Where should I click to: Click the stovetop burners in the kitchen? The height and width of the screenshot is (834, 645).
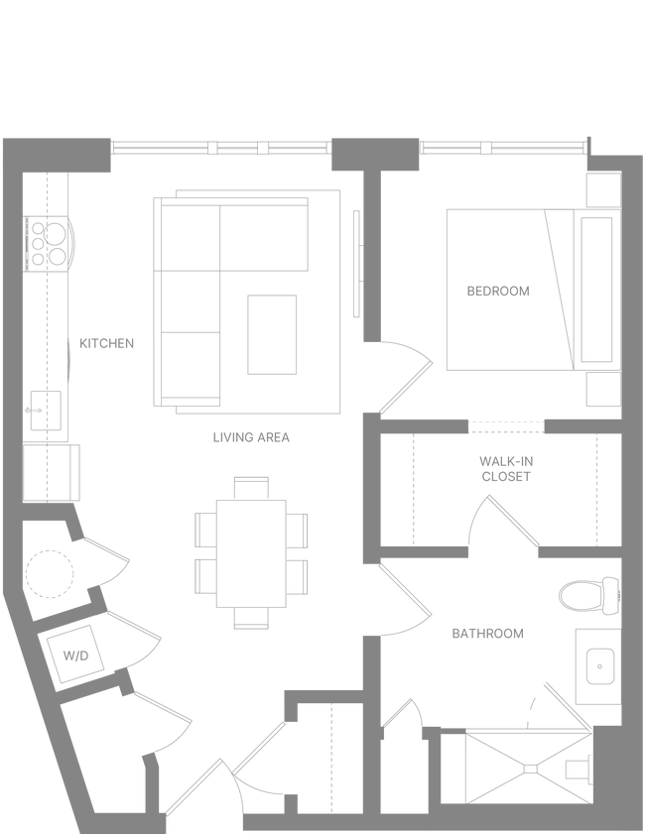(x=48, y=242)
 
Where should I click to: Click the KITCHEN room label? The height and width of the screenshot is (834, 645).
(x=106, y=344)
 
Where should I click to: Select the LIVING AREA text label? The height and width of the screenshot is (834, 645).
(x=251, y=435)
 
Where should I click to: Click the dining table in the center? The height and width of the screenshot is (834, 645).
(x=251, y=551)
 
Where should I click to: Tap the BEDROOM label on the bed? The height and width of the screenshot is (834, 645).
(x=497, y=292)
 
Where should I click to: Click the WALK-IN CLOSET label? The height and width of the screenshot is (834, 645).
(x=507, y=468)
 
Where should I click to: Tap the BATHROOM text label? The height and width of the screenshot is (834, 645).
(x=487, y=633)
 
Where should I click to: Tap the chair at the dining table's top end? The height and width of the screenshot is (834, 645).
(x=251, y=487)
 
